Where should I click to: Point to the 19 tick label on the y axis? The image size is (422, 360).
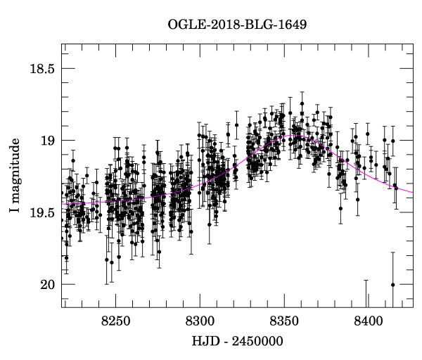(x=47, y=141)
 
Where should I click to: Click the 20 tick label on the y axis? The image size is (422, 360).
(x=47, y=285)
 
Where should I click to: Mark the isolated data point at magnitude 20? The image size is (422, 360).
(x=392, y=284)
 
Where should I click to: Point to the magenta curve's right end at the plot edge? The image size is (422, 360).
(x=412, y=191)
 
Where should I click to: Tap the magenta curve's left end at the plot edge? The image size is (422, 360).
(x=63, y=204)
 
